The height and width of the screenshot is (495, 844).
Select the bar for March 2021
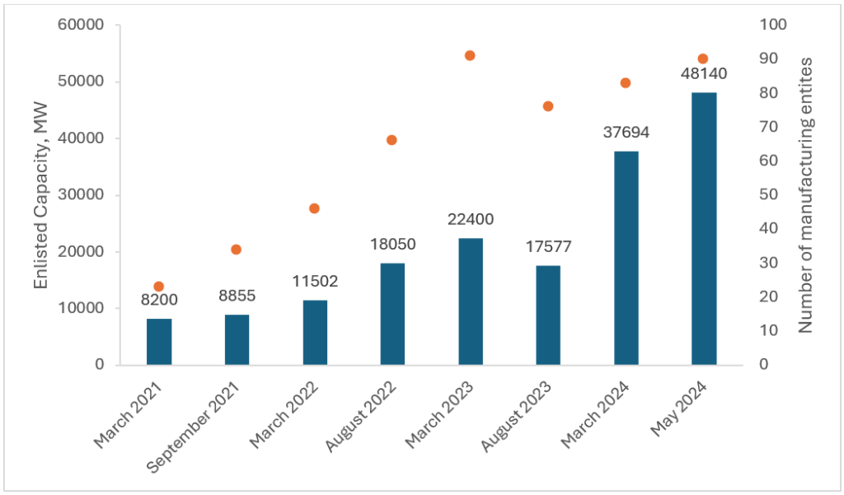point(159,341)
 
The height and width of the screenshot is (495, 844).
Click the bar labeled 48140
point(703,228)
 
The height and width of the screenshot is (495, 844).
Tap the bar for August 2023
point(548,315)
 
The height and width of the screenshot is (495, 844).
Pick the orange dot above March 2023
point(470,55)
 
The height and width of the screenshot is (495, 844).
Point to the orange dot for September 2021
point(236,250)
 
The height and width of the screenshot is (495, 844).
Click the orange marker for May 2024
point(703,58)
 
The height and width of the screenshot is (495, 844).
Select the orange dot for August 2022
point(392,140)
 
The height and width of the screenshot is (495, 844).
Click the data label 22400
point(470,221)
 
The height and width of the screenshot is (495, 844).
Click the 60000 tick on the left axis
point(80,25)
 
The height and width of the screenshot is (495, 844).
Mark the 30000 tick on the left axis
point(80,195)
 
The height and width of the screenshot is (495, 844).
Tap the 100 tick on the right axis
point(779,25)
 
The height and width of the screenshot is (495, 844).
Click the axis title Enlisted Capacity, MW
point(41,195)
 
